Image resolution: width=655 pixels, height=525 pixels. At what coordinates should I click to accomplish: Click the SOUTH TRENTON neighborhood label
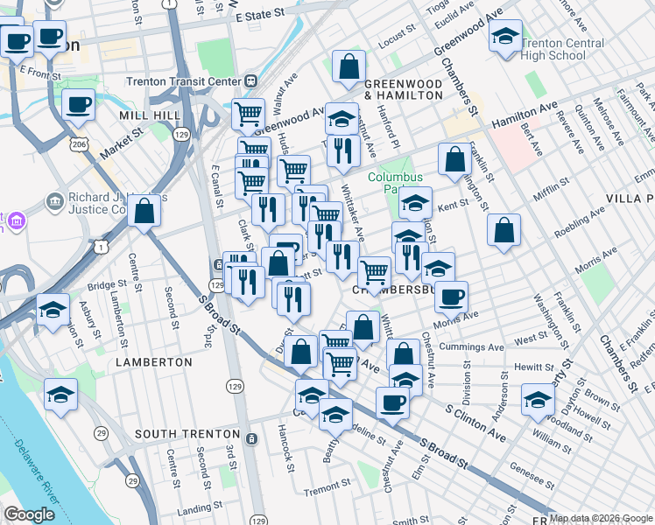[x=187, y=434]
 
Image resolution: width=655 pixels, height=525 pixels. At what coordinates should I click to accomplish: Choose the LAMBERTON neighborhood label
[x=153, y=361]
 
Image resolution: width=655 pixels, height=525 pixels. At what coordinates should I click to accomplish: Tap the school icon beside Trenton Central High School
[x=504, y=38]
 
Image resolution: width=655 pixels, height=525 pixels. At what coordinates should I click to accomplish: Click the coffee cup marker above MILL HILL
[x=78, y=105]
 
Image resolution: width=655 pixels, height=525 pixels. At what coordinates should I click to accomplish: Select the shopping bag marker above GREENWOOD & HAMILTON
[x=349, y=66]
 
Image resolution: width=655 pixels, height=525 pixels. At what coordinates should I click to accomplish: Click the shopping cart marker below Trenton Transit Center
[x=248, y=113]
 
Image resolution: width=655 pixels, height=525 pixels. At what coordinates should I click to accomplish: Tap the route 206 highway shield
[x=79, y=143]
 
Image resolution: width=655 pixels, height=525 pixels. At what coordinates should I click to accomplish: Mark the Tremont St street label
[x=327, y=482]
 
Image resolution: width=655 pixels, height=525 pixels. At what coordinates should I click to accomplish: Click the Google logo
[x=29, y=514]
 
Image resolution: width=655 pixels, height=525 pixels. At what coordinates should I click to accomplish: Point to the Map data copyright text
[x=601, y=518]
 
